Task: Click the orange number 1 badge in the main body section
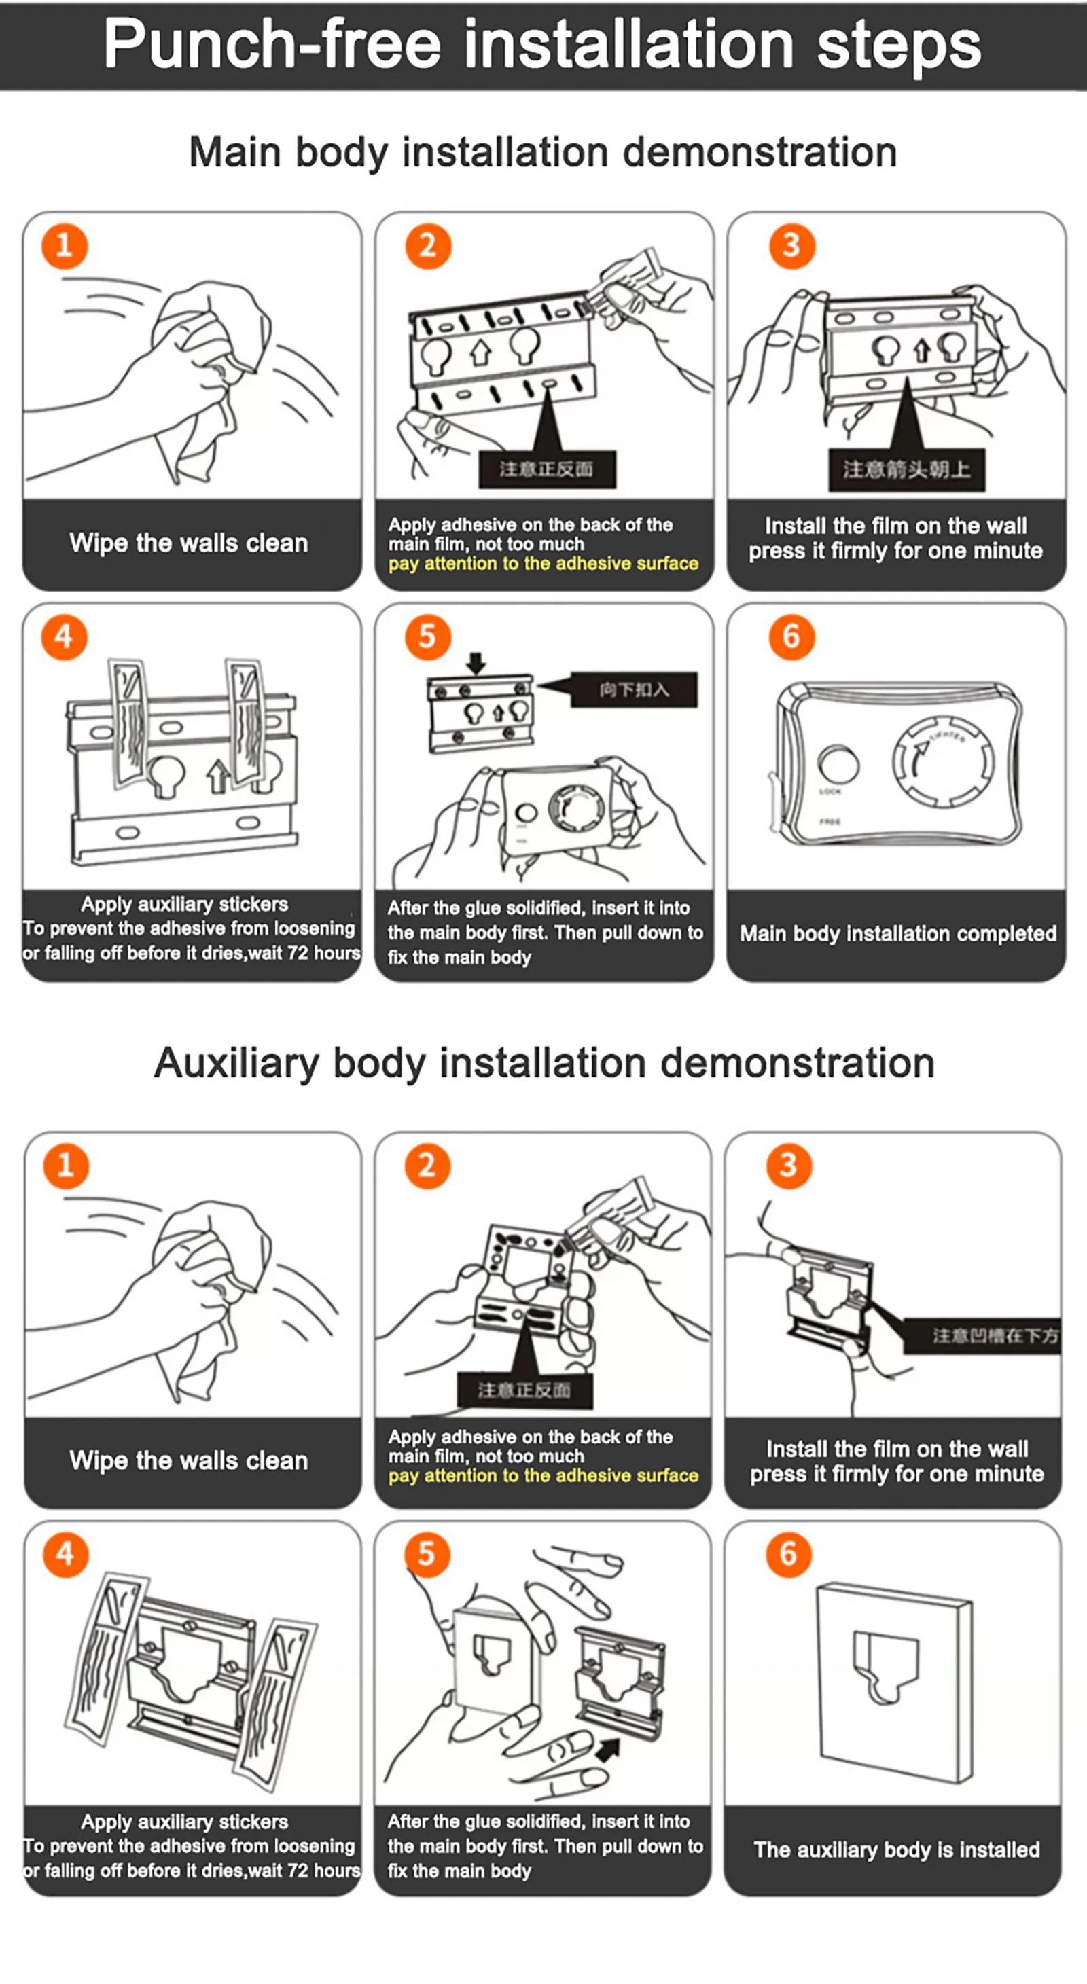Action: point(64,246)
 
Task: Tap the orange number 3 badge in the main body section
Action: point(791,246)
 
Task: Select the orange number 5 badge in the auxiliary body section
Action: point(426,1554)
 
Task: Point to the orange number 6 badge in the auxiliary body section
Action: point(787,1554)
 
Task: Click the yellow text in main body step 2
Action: point(543,564)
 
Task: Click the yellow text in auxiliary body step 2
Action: point(543,1476)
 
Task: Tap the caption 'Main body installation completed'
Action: point(897,933)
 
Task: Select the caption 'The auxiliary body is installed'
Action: point(896,1850)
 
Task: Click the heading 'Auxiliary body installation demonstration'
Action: point(544,1063)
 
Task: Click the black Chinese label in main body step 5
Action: point(633,689)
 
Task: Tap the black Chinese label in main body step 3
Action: point(907,469)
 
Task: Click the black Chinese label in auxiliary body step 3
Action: point(994,1335)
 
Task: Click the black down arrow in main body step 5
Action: point(476,662)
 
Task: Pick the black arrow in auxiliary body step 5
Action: point(609,1750)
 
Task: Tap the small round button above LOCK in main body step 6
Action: point(838,764)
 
